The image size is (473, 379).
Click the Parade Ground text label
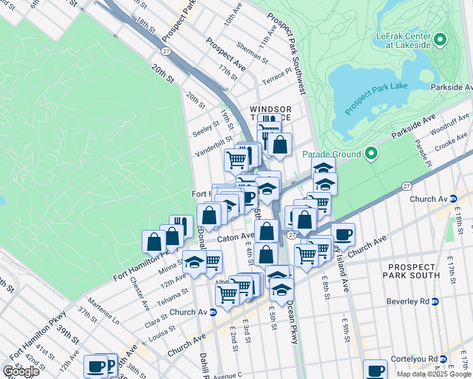click(331, 154)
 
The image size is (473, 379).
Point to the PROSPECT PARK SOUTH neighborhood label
click(412, 270)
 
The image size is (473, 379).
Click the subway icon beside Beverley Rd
click(435, 301)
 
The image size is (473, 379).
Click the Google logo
click(21, 371)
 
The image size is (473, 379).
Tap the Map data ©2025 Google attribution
click(433, 374)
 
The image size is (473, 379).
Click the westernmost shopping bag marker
click(154, 241)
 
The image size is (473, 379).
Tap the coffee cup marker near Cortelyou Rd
click(375, 370)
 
